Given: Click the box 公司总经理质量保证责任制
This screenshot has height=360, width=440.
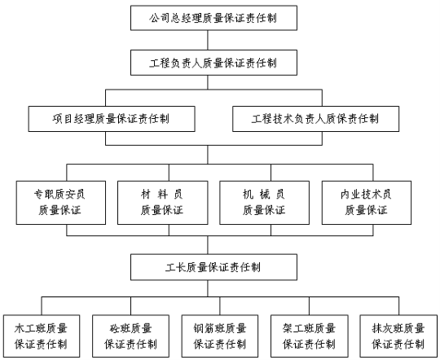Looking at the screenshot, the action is (213, 18).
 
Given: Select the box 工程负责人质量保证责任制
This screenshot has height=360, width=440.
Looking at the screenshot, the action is (213, 63).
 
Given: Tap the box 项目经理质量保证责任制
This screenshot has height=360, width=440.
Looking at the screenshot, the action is (112, 119).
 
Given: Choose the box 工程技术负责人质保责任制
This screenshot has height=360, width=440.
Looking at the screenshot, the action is (315, 119).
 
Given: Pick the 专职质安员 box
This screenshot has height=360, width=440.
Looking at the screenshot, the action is (61, 203).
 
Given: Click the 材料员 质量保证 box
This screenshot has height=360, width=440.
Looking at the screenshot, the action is (163, 203).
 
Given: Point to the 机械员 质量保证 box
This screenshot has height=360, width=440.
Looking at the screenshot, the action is (265, 203).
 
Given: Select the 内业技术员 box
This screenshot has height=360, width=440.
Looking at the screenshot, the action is (367, 203).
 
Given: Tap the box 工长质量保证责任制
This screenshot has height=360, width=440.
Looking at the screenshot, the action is (213, 267).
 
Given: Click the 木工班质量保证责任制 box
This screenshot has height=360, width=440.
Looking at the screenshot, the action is (42, 336).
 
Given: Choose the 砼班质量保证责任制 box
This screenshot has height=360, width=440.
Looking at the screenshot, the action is (130, 336).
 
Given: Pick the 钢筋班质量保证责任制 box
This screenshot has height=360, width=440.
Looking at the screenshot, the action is (220, 336).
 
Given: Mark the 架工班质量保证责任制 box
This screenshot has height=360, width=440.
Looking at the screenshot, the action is (310, 336).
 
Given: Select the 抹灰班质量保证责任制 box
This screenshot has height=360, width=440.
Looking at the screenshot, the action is (398, 336).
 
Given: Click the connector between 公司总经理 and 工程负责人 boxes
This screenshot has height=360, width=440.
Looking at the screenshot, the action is (208, 40).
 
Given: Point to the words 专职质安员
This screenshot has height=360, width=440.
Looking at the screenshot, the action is (59, 194).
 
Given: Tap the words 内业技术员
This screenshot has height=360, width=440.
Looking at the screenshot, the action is (366, 194).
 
